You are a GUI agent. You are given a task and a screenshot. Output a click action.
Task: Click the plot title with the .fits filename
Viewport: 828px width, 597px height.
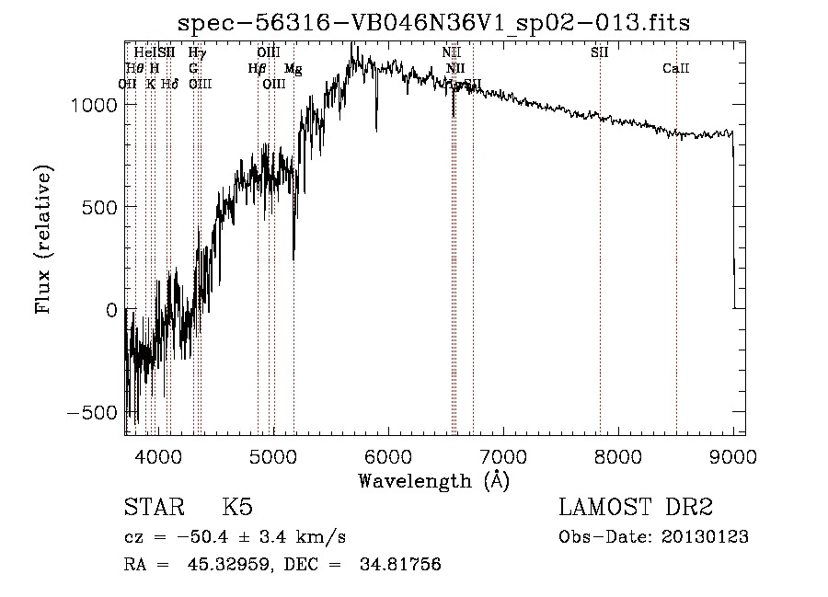433,23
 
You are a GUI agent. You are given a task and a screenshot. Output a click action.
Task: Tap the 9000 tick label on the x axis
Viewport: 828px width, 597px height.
732,455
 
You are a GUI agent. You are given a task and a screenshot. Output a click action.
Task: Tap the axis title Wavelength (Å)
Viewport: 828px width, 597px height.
433,480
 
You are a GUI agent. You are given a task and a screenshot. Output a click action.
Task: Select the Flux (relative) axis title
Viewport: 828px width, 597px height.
43,239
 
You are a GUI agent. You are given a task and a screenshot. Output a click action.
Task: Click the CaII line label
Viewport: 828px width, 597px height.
676,68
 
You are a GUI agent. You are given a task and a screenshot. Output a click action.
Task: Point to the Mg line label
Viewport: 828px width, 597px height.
293,68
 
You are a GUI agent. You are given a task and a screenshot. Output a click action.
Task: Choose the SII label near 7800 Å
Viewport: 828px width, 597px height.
600,52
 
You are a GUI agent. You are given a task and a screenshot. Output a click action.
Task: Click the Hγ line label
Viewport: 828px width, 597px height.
197,52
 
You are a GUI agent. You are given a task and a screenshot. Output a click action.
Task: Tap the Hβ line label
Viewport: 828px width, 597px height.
258,68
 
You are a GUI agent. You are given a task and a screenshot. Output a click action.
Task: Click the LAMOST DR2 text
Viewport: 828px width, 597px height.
636,508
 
